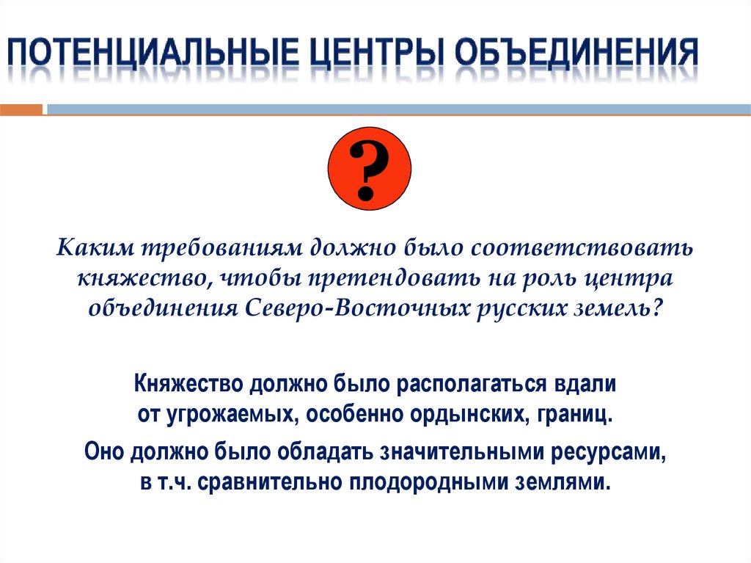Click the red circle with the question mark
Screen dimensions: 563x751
tap(368, 168)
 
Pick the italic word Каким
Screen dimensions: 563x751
tap(92, 248)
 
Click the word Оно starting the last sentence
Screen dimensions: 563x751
tap(106, 452)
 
